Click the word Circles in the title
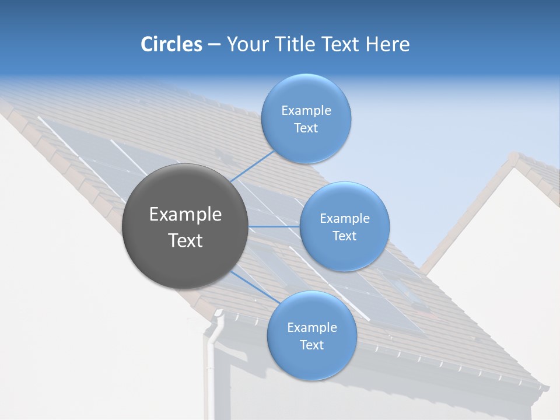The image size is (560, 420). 171,44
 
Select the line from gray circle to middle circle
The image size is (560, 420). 274,226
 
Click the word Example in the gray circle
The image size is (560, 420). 185,215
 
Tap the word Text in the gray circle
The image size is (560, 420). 185,240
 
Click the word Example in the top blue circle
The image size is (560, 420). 306,111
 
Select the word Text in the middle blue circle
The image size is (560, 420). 344,236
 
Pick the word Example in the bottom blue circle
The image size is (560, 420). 311,328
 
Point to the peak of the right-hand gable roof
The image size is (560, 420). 514,157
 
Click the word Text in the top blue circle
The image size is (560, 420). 306,128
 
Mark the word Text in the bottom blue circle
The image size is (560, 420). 311,345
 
